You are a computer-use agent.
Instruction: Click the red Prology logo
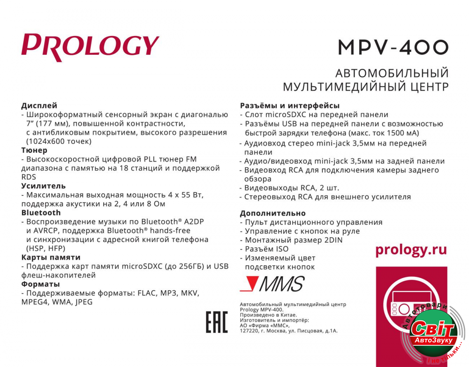(x=90, y=46)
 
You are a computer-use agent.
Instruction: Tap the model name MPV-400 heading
(x=393, y=47)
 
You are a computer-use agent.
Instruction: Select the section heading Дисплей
(x=39, y=105)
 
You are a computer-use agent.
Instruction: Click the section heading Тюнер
(x=34, y=150)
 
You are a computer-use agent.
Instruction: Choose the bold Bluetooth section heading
(x=41, y=213)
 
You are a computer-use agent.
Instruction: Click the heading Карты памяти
(x=51, y=257)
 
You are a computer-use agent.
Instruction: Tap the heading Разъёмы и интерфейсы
(x=289, y=105)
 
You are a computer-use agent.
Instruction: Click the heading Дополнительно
(x=272, y=213)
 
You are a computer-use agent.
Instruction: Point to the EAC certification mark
(x=217, y=322)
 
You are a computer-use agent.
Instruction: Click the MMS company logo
(x=272, y=284)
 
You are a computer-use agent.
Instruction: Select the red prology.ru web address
(x=411, y=250)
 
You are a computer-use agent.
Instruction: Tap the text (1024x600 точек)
(x=59, y=141)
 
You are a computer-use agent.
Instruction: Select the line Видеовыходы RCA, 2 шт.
(x=295, y=188)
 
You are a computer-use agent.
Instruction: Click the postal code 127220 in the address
(x=249, y=330)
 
